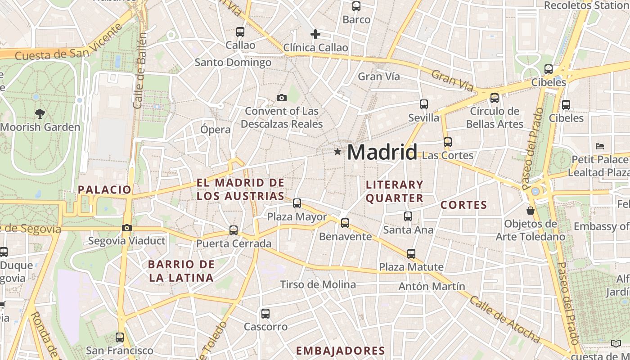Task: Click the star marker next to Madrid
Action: (337, 152)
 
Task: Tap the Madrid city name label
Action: (382, 152)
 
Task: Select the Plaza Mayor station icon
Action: (297, 203)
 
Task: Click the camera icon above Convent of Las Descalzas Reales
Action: (282, 98)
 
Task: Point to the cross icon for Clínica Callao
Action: (315, 34)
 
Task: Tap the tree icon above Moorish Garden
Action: (40, 114)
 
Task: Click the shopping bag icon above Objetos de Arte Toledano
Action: (531, 211)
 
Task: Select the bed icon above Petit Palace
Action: (599, 146)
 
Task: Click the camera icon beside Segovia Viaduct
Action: (127, 228)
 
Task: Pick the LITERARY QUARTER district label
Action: (395, 191)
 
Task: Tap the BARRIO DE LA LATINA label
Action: (181, 271)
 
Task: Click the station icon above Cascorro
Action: (265, 314)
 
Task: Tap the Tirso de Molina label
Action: (318, 284)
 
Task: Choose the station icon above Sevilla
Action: (423, 104)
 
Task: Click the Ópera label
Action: (216, 130)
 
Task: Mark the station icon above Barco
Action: (356, 6)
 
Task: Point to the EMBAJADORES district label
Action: (340, 351)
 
